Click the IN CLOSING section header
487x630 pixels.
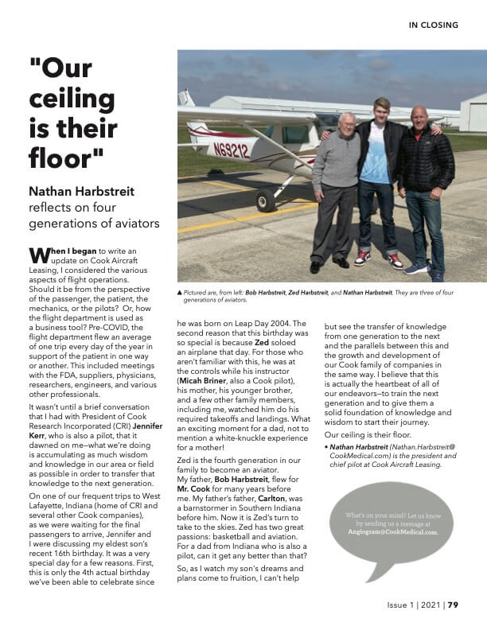pyautogui.click(x=433, y=25)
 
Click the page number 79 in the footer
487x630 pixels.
pyautogui.click(x=453, y=605)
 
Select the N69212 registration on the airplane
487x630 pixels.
pyautogui.click(x=231, y=149)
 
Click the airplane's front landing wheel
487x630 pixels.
pyautogui.click(x=265, y=201)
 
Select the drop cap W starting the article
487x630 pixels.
pyautogui.click(x=39, y=255)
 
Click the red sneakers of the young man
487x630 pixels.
pyautogui.click(x=378, y=259)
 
